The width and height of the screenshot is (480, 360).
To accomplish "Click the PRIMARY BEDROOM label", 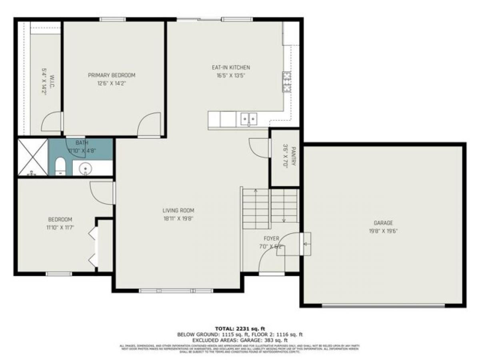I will (x=112, y=75).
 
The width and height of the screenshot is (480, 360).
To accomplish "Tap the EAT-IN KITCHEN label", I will (x=231, y=68).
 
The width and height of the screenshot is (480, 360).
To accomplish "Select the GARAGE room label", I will (x=383, y=223).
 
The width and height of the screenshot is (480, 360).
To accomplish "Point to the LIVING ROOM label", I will (x=178, y=210).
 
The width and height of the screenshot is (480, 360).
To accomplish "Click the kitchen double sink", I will (x=248, y=119).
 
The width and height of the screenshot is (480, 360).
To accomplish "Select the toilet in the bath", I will (x=60, y=166).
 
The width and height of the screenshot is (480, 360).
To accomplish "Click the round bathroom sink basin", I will (x=85, y=169).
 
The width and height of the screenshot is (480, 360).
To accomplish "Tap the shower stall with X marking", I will (x=32, y=157).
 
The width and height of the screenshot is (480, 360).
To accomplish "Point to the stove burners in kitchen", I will (x=286, y=82).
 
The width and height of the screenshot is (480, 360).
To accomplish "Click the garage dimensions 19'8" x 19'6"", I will (x=383, y=231).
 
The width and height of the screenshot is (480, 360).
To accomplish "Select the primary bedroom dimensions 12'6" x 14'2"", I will (x=112, y=84).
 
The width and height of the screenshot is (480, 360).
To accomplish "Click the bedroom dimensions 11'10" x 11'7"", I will (x=60, y=227).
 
